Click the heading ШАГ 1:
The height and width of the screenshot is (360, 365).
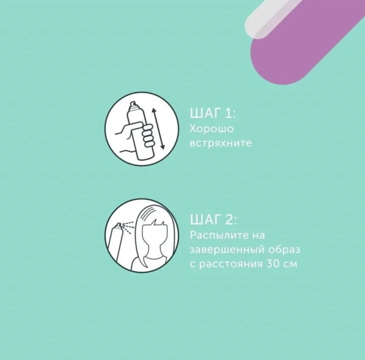coord(212,114)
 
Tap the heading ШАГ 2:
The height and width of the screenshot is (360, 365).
coord(214,220)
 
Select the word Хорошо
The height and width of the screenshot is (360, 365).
coord(211,129)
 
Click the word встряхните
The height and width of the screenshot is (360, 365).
coord(221,143)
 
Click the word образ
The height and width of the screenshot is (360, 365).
coord(284,250)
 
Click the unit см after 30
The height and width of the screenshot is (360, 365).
coord(292,265)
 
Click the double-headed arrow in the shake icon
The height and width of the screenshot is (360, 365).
coord(158,129)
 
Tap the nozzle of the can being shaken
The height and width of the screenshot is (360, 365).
coord(133,104)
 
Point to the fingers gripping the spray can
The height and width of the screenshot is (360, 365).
coord(148,136)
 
